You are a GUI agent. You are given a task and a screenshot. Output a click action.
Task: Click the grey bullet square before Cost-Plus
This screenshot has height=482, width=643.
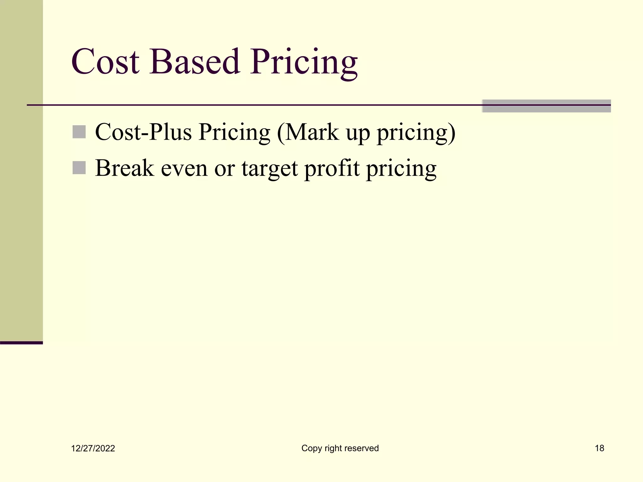click(79, 132)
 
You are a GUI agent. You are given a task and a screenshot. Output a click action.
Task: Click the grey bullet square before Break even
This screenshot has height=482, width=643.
click(79, 168)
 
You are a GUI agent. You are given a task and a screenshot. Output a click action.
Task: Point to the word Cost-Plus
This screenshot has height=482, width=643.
click(143, 132)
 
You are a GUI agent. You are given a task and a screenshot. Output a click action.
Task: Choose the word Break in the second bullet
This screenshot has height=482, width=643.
click(124, 168)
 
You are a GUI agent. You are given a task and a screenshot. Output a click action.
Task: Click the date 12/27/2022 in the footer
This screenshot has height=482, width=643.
click(93, 448)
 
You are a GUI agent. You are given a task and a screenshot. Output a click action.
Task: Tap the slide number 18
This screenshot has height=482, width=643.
click(599, 448)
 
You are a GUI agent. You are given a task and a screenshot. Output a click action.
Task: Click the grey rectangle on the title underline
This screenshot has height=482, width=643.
click(546, 106)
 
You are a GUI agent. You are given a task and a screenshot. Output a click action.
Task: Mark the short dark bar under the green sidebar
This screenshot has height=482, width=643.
click(21, 343)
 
